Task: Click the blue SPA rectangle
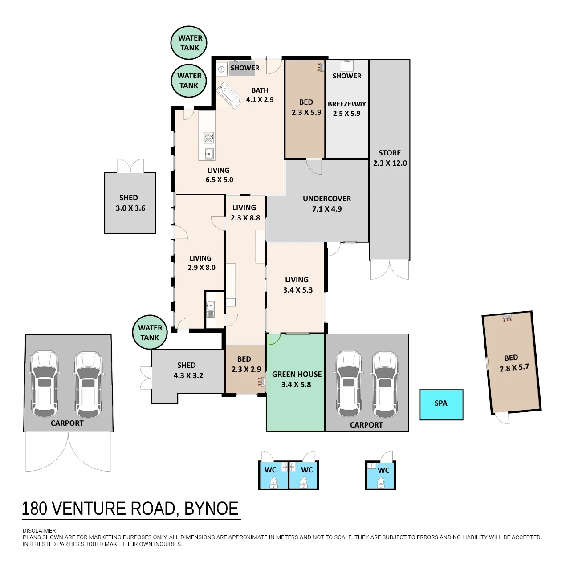pyautogui.click(x=441, y=405)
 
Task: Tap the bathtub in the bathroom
pyautogui.click(x=229, y=95)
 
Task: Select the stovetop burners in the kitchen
pyautogui.click(x=209, y=138)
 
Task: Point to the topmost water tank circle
pyautogui.click(x=189, y=43)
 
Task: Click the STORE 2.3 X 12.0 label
pyautogui.click(x=390, y=158)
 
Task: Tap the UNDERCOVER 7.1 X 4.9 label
pyautogui.click(x=327, y=204)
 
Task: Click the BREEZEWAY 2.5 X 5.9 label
pyautogui.click(x=346, y=109)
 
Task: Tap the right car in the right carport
pyautogui.click(x=385, y=384)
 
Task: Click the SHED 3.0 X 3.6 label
pyautogui.click(x=130, y=203)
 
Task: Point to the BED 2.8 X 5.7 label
pyautogui.click(x=513, y=362)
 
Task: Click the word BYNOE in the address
pyautogui.click(x=211, y=509)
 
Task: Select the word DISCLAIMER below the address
pyautogui.click(x=39, y=531)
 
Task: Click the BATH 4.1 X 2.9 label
pyautogui.click(x=260, y=95)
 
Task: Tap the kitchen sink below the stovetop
pyautogui.click(x=209, y=154)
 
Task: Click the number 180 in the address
pyautogui.click(x=35, y=509)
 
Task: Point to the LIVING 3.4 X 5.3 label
pyautogui.click(x=297, y=285)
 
